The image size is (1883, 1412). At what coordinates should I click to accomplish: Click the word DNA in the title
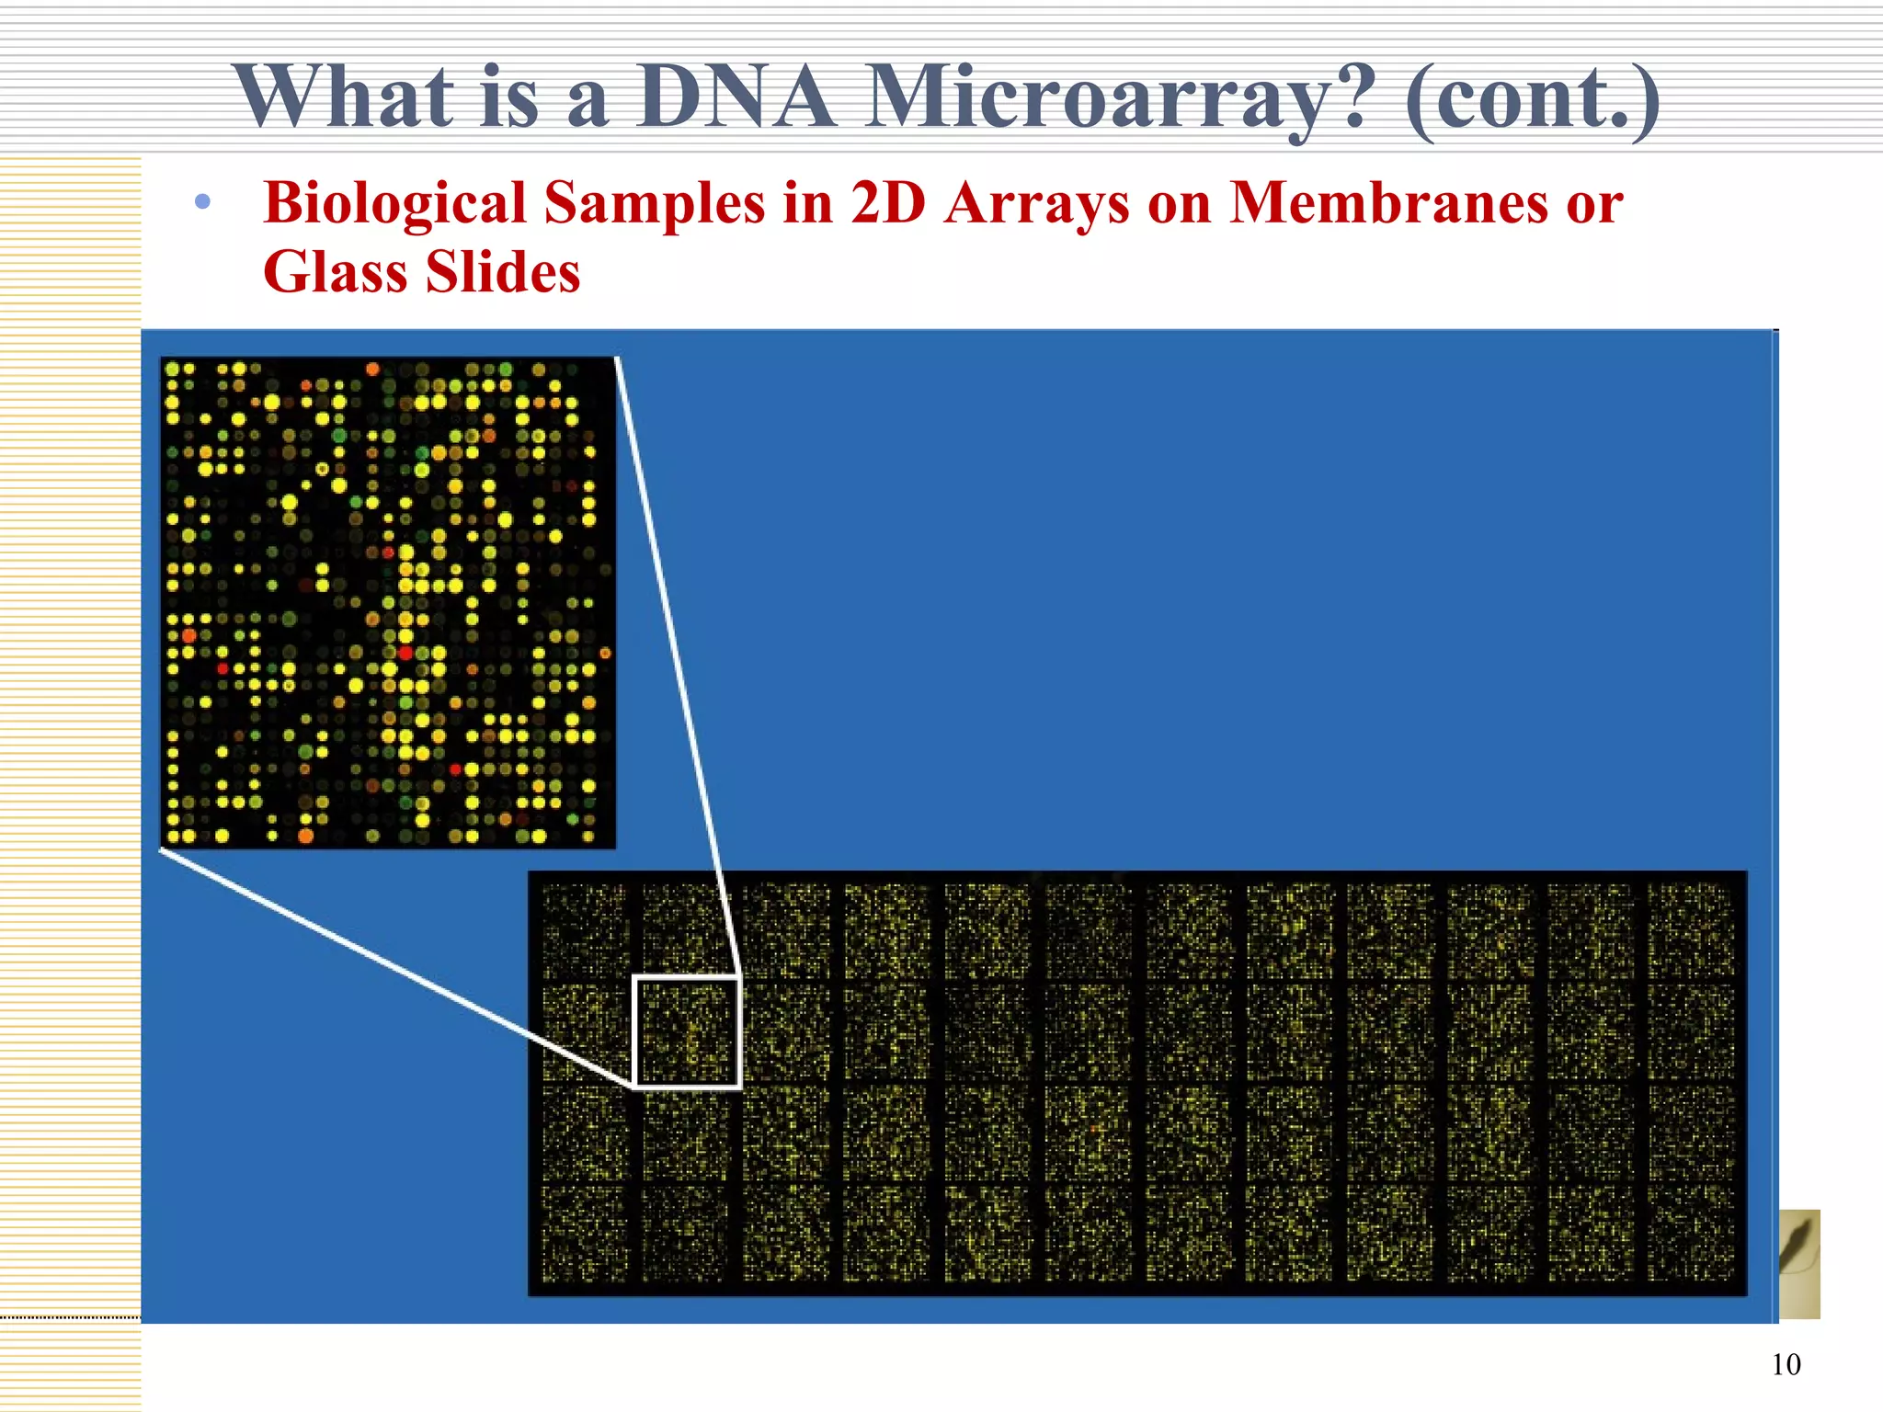click(736, 97)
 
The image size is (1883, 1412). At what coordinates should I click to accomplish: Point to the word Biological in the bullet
click(394, 204)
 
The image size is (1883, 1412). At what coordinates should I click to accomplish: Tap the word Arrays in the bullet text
click(1036, 204)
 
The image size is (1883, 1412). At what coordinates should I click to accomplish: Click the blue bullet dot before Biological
click(203, 202)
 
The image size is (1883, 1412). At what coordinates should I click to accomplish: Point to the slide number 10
click(1786, 1364)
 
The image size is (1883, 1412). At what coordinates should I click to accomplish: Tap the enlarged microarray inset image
click(387, 602)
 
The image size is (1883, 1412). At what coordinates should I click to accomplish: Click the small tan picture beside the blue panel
click(1799, 1264)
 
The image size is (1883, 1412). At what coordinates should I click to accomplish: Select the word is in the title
click(508, 97)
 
